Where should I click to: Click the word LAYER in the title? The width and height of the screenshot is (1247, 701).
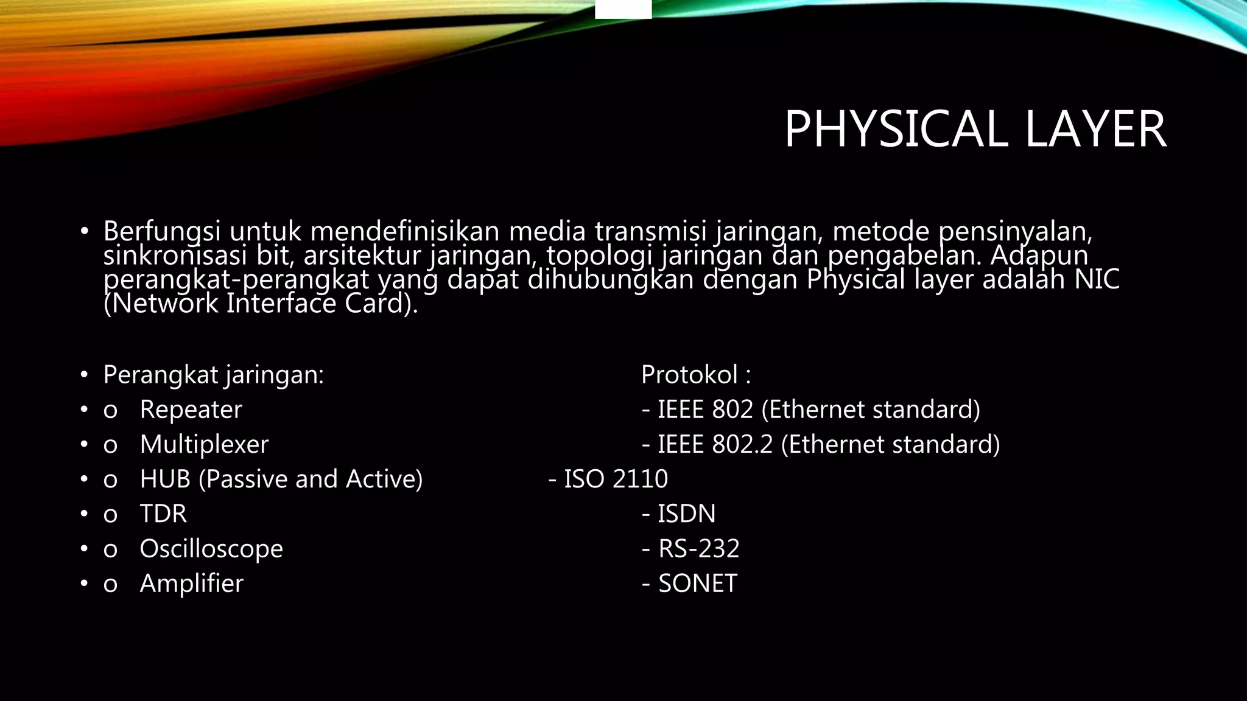(x=1095, y=129)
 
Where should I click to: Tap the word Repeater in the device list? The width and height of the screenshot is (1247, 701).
(x=191, y=410)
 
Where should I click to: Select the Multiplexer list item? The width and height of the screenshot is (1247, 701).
(x=204, y=444)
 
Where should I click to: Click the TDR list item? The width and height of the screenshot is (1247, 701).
(x=163, y=514)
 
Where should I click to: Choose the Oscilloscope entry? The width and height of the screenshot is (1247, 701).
(x=211, y=549)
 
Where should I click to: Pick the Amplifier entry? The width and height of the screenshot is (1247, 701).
(x=191, y=584)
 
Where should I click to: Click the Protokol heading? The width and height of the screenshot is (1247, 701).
(x=689, y=375)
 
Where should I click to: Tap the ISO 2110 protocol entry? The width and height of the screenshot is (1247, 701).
(x=615, y=479)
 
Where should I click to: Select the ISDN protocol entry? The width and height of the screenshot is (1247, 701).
(x=686, y=514)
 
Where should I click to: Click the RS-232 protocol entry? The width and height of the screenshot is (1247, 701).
(x=698, y=549)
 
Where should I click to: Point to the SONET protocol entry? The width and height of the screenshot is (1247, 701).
(x=697, y=584)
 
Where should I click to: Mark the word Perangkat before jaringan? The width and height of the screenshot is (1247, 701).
(x=160, y=375)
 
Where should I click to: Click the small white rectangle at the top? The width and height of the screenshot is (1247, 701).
(x=623, y=9)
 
